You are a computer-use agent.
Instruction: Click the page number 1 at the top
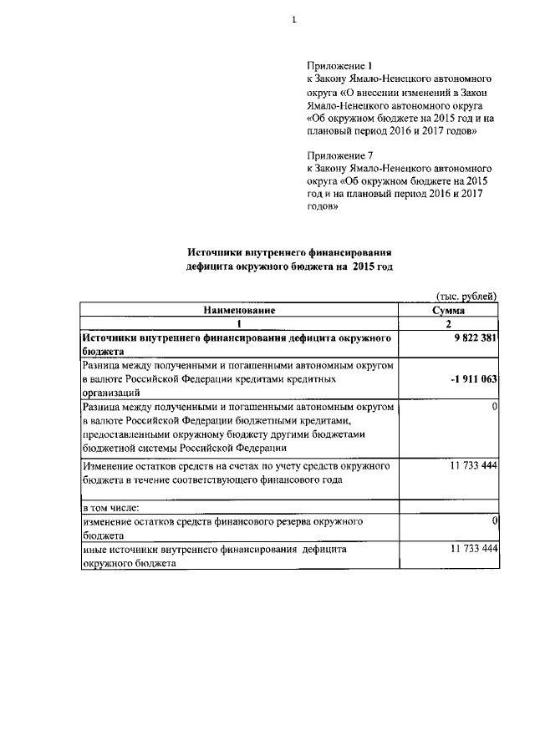(x=293, y=20)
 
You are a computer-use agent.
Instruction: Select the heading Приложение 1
(x=338, y=65)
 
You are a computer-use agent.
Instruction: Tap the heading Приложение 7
(x=338, y=155)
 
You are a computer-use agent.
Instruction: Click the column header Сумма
(x=449, y=310)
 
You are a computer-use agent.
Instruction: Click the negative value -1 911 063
(x=473, y=378)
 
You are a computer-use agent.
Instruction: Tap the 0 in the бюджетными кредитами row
(x=495, y=406)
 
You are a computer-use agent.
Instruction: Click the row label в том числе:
(x=110, y=507)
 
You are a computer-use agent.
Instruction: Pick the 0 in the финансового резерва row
(x=495, y=521)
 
